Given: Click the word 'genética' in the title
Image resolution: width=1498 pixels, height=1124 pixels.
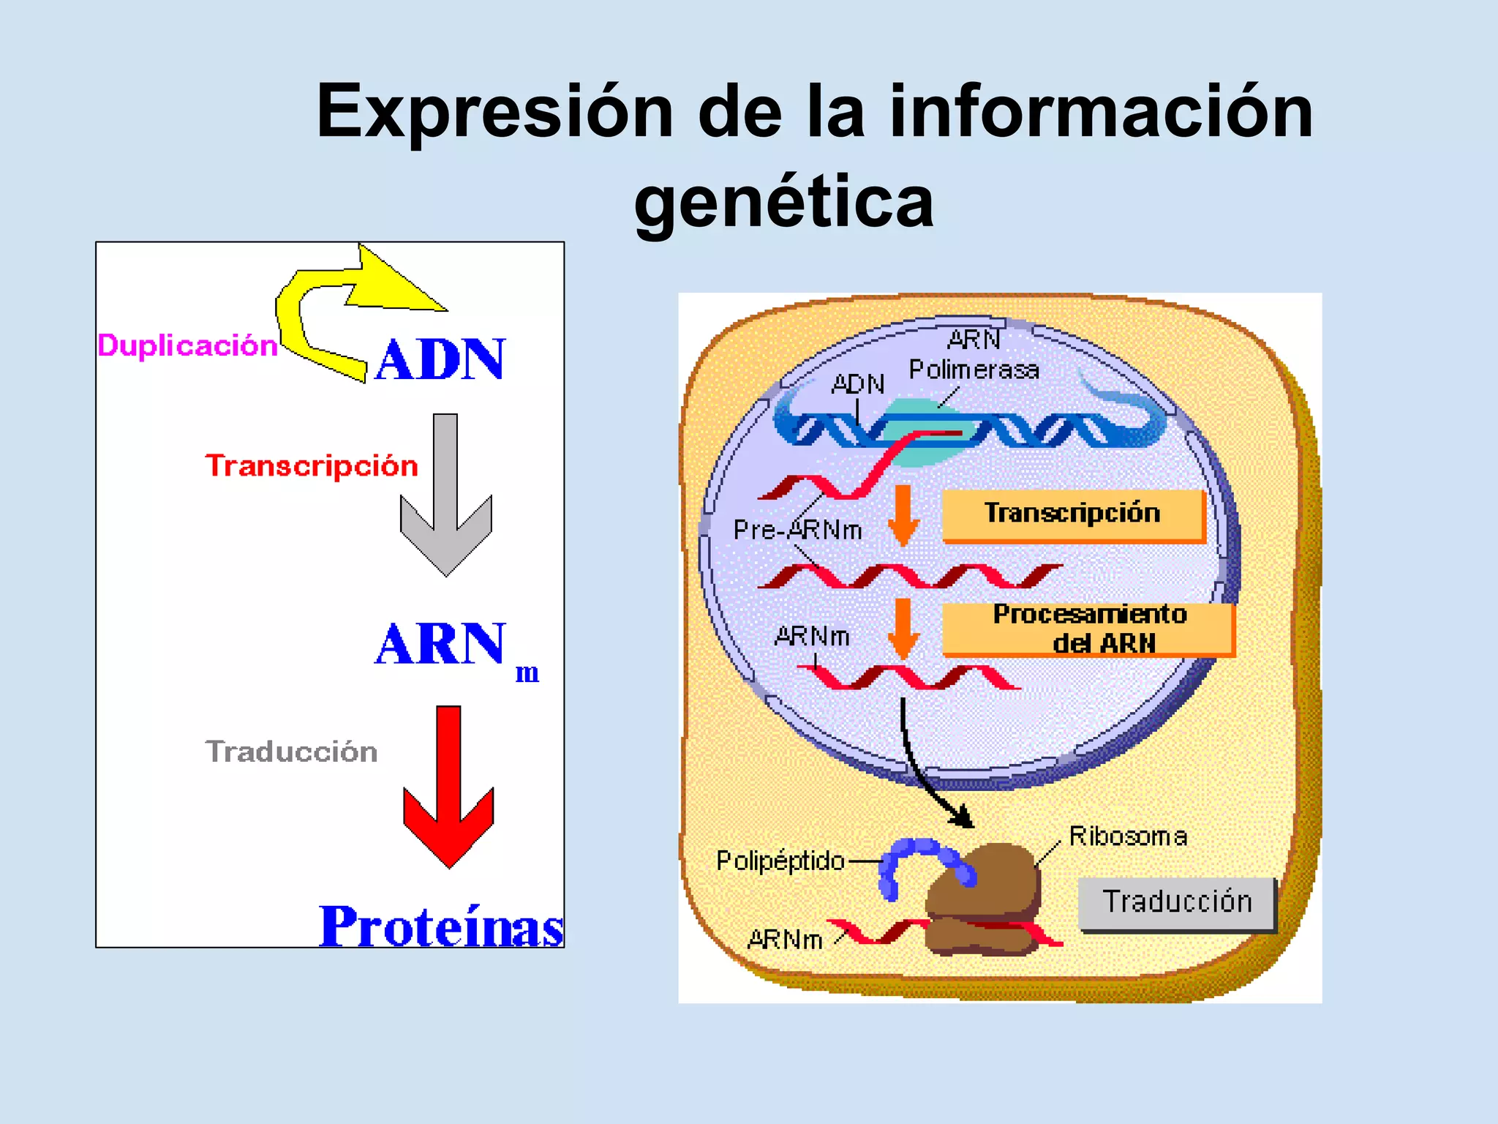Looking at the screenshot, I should click(x=783, y=201).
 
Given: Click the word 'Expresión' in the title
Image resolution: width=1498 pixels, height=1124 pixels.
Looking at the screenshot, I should click(x=494, y=111).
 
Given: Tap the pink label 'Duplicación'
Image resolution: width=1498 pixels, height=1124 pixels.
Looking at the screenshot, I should click(x=187, y=345).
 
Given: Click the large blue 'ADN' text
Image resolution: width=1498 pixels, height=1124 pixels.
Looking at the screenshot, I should click(x=440, y=359).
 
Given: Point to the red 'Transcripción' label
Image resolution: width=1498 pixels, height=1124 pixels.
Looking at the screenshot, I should click(x=312, y=466).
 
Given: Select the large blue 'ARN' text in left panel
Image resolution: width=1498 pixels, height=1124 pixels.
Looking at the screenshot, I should click(x=441, y=645).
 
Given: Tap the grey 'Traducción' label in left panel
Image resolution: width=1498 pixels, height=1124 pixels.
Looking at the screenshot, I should click(x=291, y=752).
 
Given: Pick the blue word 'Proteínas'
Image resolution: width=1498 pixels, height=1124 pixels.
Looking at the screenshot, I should click(x=441, y=927).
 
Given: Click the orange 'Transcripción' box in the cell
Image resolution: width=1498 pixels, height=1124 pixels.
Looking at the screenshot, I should click(x=1072, y=514).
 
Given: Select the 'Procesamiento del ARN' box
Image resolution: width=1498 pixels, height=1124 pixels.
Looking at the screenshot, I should click(x=1088, y=629).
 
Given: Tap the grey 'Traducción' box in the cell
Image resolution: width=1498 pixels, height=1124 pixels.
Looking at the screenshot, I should click(x=1177, y=903).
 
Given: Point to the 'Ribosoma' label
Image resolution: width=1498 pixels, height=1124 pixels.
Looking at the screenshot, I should click(x=1128, y=836).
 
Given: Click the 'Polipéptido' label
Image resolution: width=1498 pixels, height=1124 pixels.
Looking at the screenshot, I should click(x=780, y=861).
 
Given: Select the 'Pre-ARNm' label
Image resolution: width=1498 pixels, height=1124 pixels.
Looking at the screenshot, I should click(x=797, y=530).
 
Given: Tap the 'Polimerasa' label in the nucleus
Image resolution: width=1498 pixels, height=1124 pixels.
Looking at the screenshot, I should click(x=974, y=370).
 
